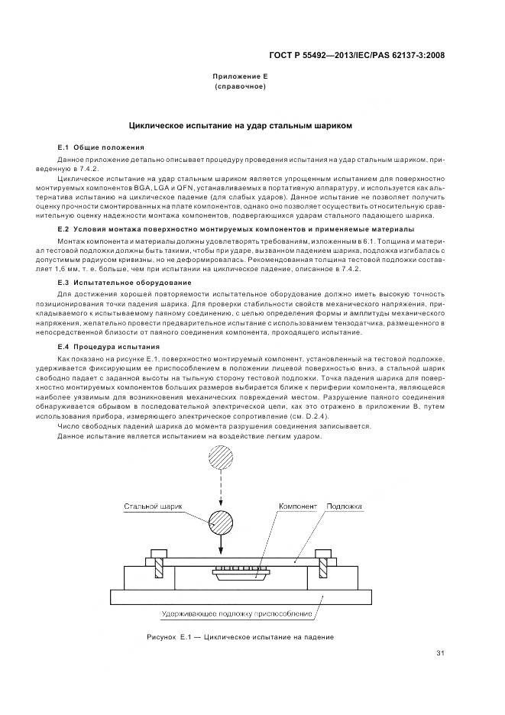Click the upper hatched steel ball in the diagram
[222, 464]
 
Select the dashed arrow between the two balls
[222, 493]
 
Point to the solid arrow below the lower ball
[222, 547]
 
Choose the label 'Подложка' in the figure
[343, 506]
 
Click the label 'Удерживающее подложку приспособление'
[238, 613]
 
